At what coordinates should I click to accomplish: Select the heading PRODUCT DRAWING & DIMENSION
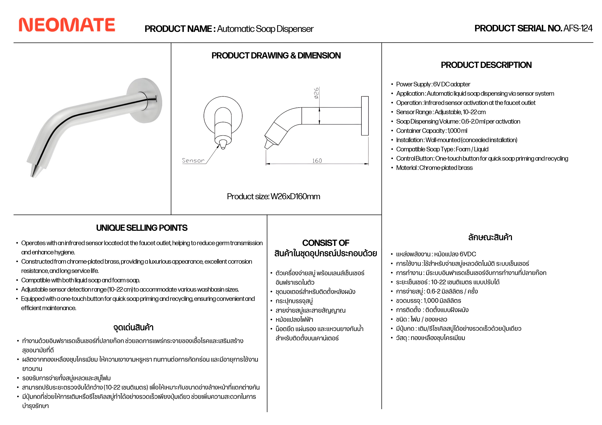click(x=276, y=56)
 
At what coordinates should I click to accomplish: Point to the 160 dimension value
click(x=317, y=161)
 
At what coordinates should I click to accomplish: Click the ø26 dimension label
click(x=317, y=93)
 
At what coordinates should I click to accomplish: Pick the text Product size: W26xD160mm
click(x=273, y=196)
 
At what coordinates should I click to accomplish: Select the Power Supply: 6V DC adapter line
click(x=433, y=84)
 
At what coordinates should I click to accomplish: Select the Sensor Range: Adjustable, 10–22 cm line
click(x=441, y=112)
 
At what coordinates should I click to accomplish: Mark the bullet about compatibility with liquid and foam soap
click(x=80, y=280)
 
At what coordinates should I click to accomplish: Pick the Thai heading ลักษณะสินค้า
click(x=490, y=237)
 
